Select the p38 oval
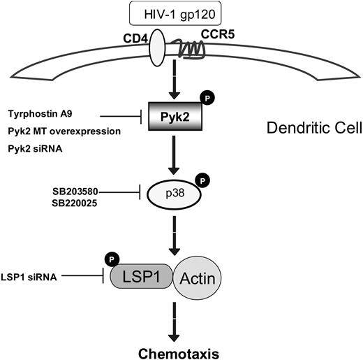pyautogui.click(x=175, y=196)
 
